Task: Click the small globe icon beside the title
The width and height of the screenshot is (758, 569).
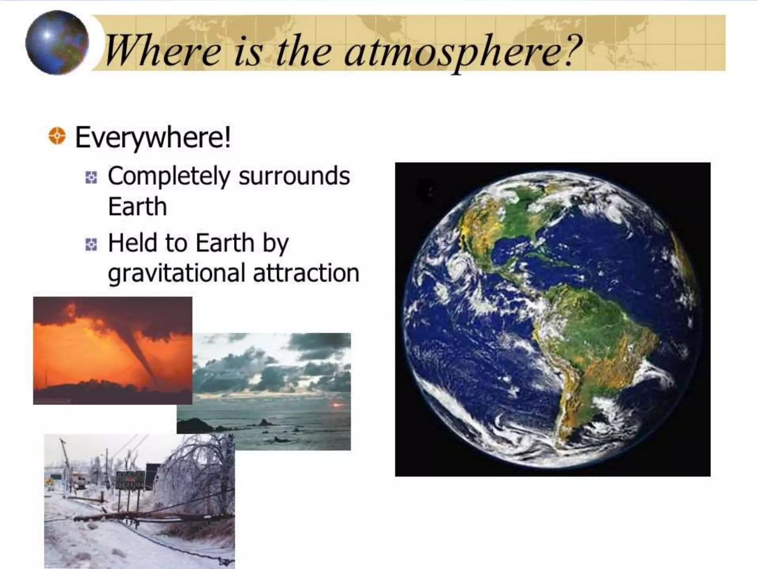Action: coord(57,43)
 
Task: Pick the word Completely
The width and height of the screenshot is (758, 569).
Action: coord(168,177)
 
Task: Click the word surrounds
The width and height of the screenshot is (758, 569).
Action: coord(294,176)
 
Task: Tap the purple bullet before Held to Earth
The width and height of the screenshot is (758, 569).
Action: coord(91,244)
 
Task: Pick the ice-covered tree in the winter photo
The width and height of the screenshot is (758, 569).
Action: coord(196,467)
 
